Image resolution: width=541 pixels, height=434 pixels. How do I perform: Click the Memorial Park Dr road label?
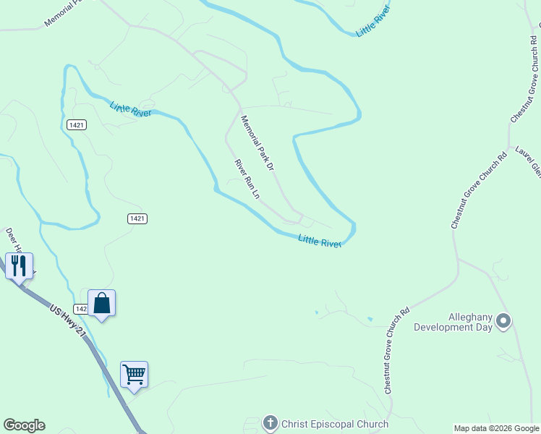point(258,143)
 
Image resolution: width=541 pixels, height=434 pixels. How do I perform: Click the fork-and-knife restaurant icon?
point(19,265)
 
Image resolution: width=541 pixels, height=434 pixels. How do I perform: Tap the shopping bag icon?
point(102,304)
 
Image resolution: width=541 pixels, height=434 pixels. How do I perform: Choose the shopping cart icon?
point(134,374)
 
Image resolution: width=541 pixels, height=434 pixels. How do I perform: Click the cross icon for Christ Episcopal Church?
point(270,423)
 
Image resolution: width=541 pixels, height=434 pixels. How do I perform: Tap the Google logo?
point(24,425)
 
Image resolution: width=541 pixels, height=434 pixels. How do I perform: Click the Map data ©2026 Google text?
point(496,428)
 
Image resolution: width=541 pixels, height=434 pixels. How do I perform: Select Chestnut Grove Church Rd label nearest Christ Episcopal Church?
point(397,351)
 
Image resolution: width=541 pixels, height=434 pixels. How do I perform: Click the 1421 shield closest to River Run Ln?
point(137,218)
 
